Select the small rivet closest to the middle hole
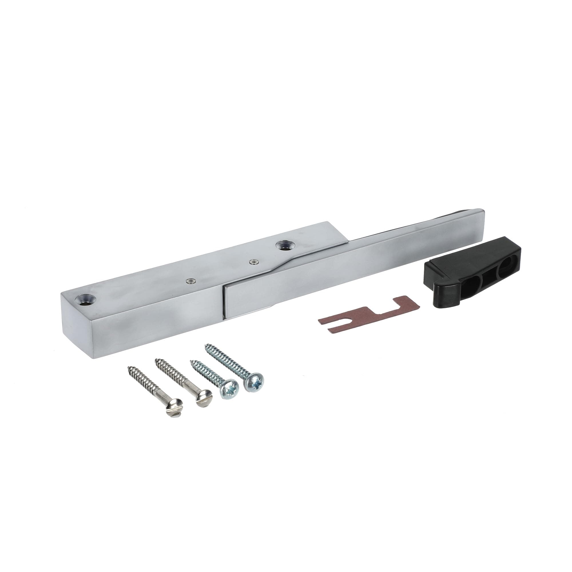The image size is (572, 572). pos(253,261)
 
